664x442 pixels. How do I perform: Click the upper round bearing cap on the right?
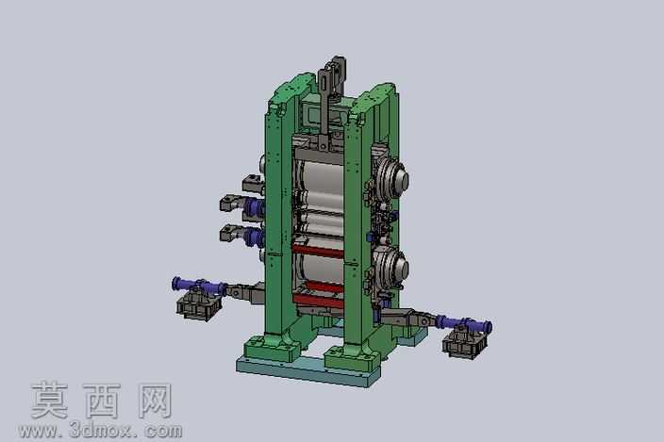392,178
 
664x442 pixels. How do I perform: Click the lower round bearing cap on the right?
392,267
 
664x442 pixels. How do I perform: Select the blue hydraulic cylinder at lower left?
198,286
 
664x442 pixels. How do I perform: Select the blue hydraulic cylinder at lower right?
465,324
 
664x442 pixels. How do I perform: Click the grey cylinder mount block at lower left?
199,305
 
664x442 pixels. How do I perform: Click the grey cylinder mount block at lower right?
465,343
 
